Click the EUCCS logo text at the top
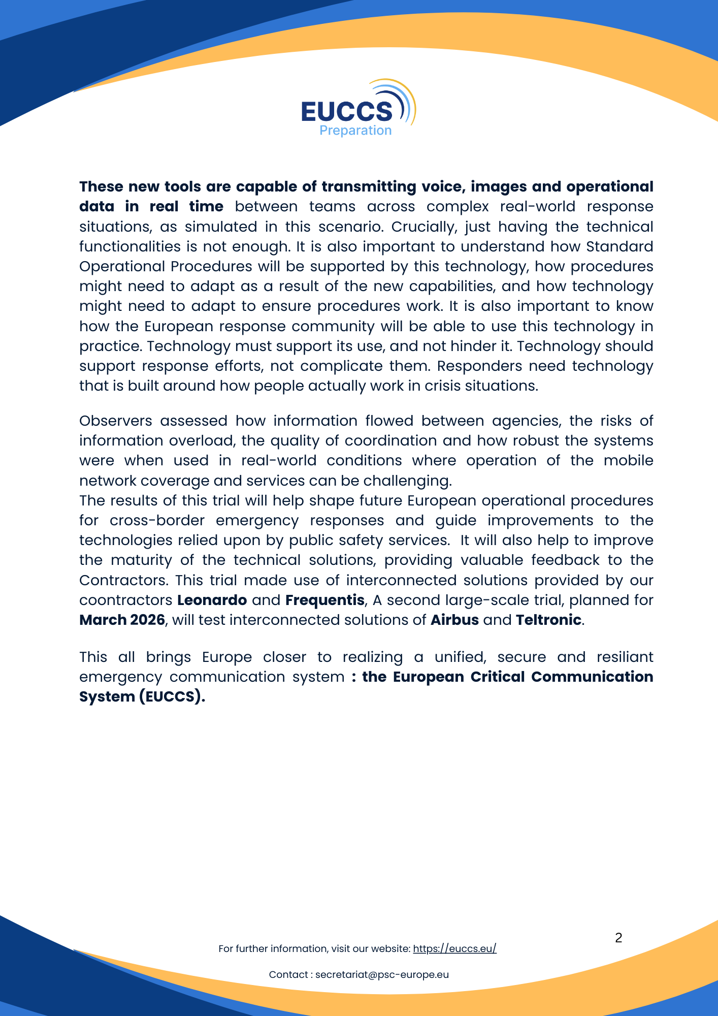pos(347,111)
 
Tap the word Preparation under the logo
pos(355,131)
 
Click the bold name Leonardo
pos(212,600)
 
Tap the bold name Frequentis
pos(324,600)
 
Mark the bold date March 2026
pos(122,620)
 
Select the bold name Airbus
pos(454,620)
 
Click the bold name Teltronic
pos(548,620)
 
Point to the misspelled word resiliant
pos(625,657)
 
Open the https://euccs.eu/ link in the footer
pos(454,949)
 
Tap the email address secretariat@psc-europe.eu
pos(382,975)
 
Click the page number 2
pos(618,938)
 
